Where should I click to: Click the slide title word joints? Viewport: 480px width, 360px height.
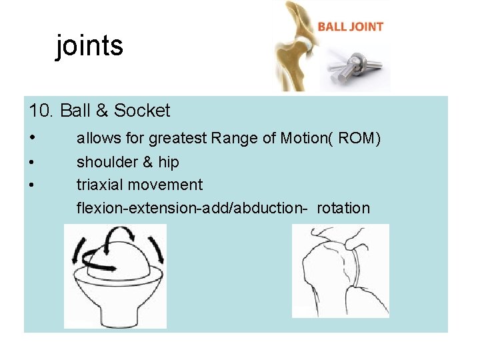click(89, 46)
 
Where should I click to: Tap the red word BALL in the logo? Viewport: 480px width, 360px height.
click(331, 27)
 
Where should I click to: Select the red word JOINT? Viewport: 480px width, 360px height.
click(366, 27)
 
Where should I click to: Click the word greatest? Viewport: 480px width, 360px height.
click(177, 139)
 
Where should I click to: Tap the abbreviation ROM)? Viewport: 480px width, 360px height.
click(359, 139)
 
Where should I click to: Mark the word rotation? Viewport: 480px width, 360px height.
click(343, 208)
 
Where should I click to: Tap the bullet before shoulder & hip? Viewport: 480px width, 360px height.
click(32, 162)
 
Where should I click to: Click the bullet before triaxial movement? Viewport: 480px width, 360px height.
click(32, 185)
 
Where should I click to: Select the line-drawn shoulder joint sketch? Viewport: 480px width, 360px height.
click(340, 270)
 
